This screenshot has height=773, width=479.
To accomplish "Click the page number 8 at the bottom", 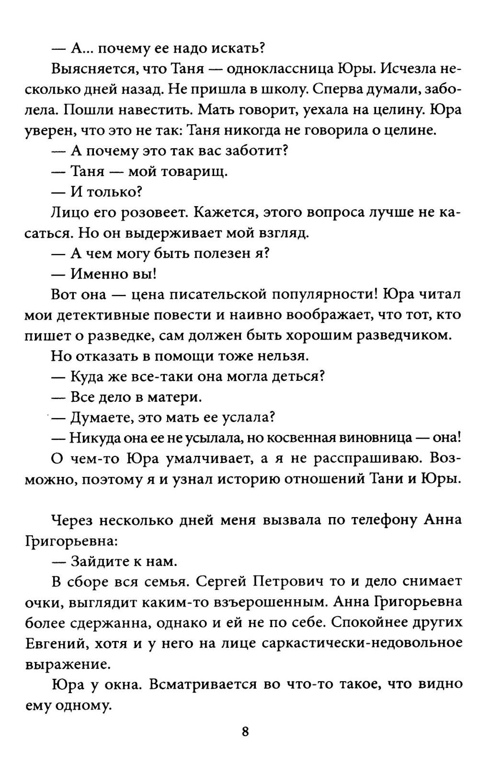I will point(245,731).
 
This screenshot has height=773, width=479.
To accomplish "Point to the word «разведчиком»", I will point(404,335).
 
